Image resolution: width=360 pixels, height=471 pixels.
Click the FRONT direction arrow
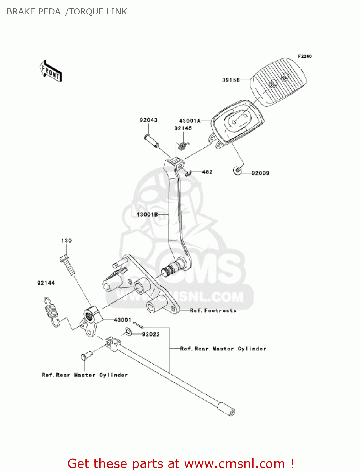pyautogui.click(x=51, y=72)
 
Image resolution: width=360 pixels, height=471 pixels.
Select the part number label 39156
pyautogui.click(x=231, y=80)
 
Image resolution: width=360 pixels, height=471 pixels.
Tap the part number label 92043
pyautogui.click(x=148, y=120)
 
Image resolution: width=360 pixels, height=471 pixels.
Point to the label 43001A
pyautogui.click(x=190, y=121)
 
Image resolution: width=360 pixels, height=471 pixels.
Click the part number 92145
pyautogui.click(x=183, y=128)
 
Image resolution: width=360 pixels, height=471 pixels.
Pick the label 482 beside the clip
pyautogui.click(x=207, y=172)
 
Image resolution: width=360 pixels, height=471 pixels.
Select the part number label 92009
pyautogui.click(x=260, y=173)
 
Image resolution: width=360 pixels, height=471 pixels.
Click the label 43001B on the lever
pyautogui.click(x=147, y=214)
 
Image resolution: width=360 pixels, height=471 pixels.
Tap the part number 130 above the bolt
pyautogui.click(x=67, y=241)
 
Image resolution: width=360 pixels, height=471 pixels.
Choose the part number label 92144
pyautogui.click(x=46, y=283)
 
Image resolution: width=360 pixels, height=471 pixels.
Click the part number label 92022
pyautogui.click(x=151, y=334)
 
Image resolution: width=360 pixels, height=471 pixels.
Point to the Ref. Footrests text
pyautogui.click(x=213, y=311)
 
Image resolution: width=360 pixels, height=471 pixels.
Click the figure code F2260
pyautogui.click(x=305, y=56)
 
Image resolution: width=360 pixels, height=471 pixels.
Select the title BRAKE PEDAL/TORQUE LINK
pyautogui.click(x=67, y=12)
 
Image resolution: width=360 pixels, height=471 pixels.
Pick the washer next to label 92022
pyautogui.click(x=128, y=331)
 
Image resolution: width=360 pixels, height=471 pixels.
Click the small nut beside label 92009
pyautogui.click(x=238, y=171)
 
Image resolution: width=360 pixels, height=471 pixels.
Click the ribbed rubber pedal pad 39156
pyautogui.click(x=279, y=82)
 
